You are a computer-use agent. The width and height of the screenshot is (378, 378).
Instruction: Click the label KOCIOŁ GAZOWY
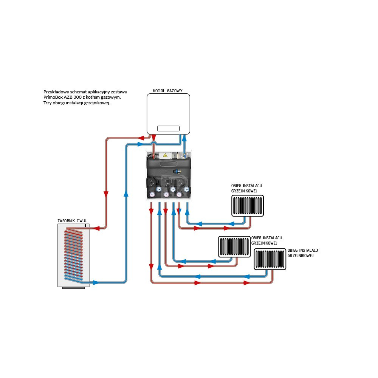tap(167, 91)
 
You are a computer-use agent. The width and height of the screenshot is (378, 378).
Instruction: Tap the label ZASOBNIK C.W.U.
tap(73, 220)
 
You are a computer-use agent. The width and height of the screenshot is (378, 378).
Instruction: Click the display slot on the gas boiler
tap(168, 128)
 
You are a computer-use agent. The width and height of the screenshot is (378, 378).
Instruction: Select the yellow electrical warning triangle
tap(165, 155)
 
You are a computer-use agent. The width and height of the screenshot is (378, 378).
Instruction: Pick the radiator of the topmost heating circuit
tap(248, 206)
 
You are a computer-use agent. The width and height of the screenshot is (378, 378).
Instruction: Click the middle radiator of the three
tap(234, 247)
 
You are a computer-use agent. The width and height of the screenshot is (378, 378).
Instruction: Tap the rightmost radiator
tap(270, 260)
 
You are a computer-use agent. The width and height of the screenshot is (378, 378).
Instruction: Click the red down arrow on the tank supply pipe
tap(106, 194)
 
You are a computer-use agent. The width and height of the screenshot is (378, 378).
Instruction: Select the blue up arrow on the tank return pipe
tap(125, 194)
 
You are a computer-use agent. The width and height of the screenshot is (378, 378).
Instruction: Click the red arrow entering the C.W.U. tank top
tap(97, 228)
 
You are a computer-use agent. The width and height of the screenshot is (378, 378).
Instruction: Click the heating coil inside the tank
tap(73, 253)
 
